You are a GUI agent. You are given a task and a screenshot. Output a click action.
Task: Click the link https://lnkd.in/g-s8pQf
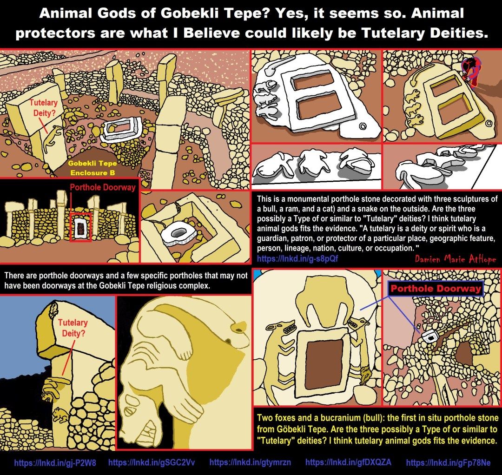pyautogui.click(x=297, y=258)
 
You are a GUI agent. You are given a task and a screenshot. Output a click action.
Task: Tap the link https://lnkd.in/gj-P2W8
pyautogui.click(x=55, y=463)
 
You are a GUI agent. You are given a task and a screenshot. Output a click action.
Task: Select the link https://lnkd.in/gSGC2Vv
pyautogui.click(x=152, y=462)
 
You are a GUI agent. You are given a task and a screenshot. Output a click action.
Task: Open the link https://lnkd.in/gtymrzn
pyautogui.click(x=251, y=462)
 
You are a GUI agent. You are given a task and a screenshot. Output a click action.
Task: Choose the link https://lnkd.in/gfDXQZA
pyautogui.click(x=348, y=462)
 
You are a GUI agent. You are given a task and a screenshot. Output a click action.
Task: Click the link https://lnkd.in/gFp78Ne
pyautogui.click(x=448, y=462)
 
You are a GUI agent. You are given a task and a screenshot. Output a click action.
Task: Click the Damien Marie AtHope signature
pyautogui.click(x=455, y=258)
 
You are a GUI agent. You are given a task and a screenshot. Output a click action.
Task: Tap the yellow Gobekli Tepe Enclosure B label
pyautogui.click(x=92, y=168)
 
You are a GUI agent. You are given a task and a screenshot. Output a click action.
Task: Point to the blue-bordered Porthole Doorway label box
pyautogui.click(x=436, y=289)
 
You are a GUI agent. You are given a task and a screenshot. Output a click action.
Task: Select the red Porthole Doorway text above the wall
pyautogui.click(x=103, y=187)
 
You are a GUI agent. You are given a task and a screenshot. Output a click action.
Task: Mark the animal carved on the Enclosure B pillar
pyautogui.click(x=52, y=139)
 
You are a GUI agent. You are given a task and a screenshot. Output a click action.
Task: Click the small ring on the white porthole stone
pyautogui.click(x=363, y=126)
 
